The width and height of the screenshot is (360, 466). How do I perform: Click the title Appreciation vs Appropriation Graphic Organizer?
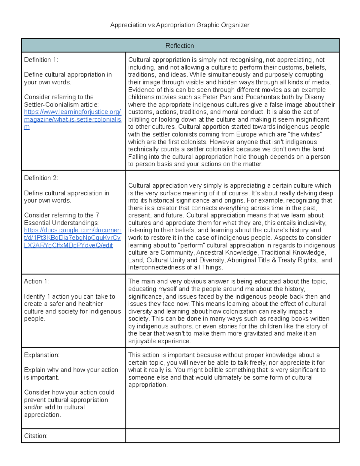pos(180,25)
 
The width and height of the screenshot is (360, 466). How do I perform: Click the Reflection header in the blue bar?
pos(180,46)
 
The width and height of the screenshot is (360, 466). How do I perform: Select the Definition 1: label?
pos(41,60)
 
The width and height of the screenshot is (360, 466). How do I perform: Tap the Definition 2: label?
pos(41,178)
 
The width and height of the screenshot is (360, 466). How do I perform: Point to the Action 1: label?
pos(36,281)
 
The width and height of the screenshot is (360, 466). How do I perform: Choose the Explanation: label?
pos(42,355)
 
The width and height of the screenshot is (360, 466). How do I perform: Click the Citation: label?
pos(36,436)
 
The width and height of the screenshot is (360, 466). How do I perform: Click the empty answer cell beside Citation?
pos(232,436)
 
